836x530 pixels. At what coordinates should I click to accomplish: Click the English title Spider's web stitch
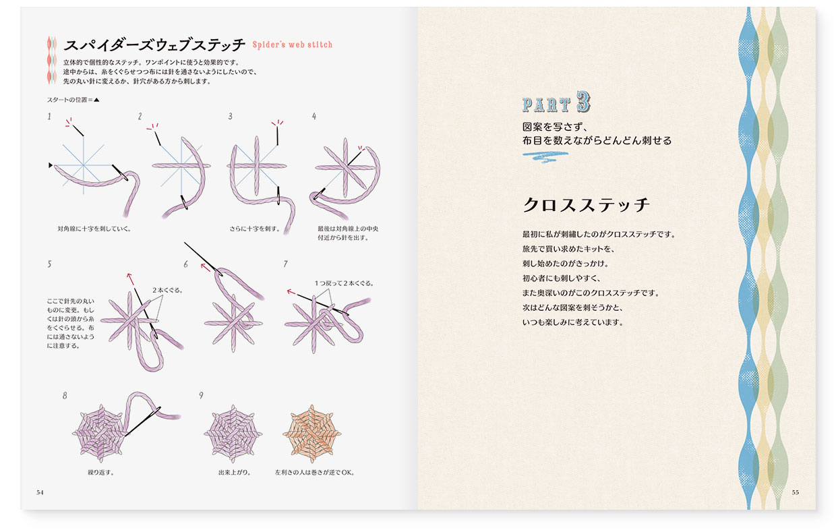292,45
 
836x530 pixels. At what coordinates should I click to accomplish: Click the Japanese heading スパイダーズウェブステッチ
154,46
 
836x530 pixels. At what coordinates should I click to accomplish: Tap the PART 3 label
557,102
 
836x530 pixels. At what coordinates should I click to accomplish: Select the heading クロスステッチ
586,205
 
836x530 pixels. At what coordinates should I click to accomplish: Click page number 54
40,492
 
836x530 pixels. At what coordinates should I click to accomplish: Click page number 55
796,492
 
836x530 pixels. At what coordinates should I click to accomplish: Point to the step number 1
49,117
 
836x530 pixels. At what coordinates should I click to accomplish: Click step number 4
314,117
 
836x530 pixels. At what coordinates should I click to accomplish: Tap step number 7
286,264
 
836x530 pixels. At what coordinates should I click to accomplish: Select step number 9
201,396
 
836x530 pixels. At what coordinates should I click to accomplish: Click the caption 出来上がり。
235,472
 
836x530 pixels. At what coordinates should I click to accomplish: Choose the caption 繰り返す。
100,472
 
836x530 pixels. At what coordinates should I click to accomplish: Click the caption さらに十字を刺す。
254,229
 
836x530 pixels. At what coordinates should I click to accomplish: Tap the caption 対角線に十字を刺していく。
94,229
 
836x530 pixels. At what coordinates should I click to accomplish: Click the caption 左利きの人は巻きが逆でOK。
314,472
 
